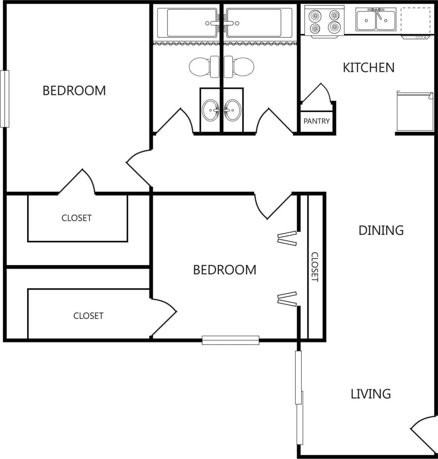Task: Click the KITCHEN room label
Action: [369, 68]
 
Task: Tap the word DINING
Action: [381, 230]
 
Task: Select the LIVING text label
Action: [370, 394]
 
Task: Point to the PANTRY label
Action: [316, 121]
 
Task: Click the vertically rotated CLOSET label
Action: [315, 267]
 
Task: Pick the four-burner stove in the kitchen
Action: [324, 21]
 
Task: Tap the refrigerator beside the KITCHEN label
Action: [414, 111]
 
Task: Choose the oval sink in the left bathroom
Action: [210, 111]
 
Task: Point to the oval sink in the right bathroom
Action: [232, 111]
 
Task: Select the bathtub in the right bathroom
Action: [257, 23]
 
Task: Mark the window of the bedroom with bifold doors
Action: [230, 340]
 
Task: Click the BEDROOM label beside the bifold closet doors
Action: [224, 270]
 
